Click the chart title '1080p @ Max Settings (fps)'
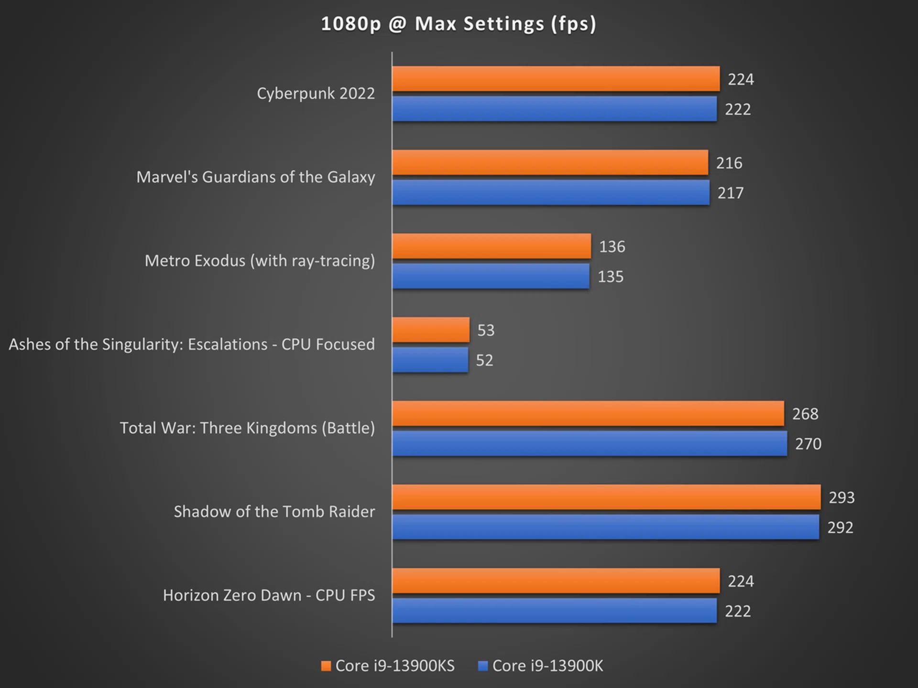point(459,24)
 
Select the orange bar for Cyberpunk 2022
point(556,79)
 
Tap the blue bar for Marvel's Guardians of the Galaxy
point(551,193)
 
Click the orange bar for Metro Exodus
point(492,246)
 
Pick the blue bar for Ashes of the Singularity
point(430,360)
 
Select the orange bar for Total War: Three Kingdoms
point(588,413)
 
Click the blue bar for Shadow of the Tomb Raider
point(606,527)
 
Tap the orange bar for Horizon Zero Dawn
point(556,580)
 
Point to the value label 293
point(841,497)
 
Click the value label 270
point(808,444)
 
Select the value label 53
point(486,330)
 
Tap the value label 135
point(611,277)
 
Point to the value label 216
point(729,163)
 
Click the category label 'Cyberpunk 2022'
point(316,93)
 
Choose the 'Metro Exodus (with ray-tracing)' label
point(260,261)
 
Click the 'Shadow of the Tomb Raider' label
point(274,512)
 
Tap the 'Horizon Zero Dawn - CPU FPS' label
point(269,595)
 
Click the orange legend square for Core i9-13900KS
point(326,666)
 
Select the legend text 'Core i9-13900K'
point(547,666)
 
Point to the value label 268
point(805,414)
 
